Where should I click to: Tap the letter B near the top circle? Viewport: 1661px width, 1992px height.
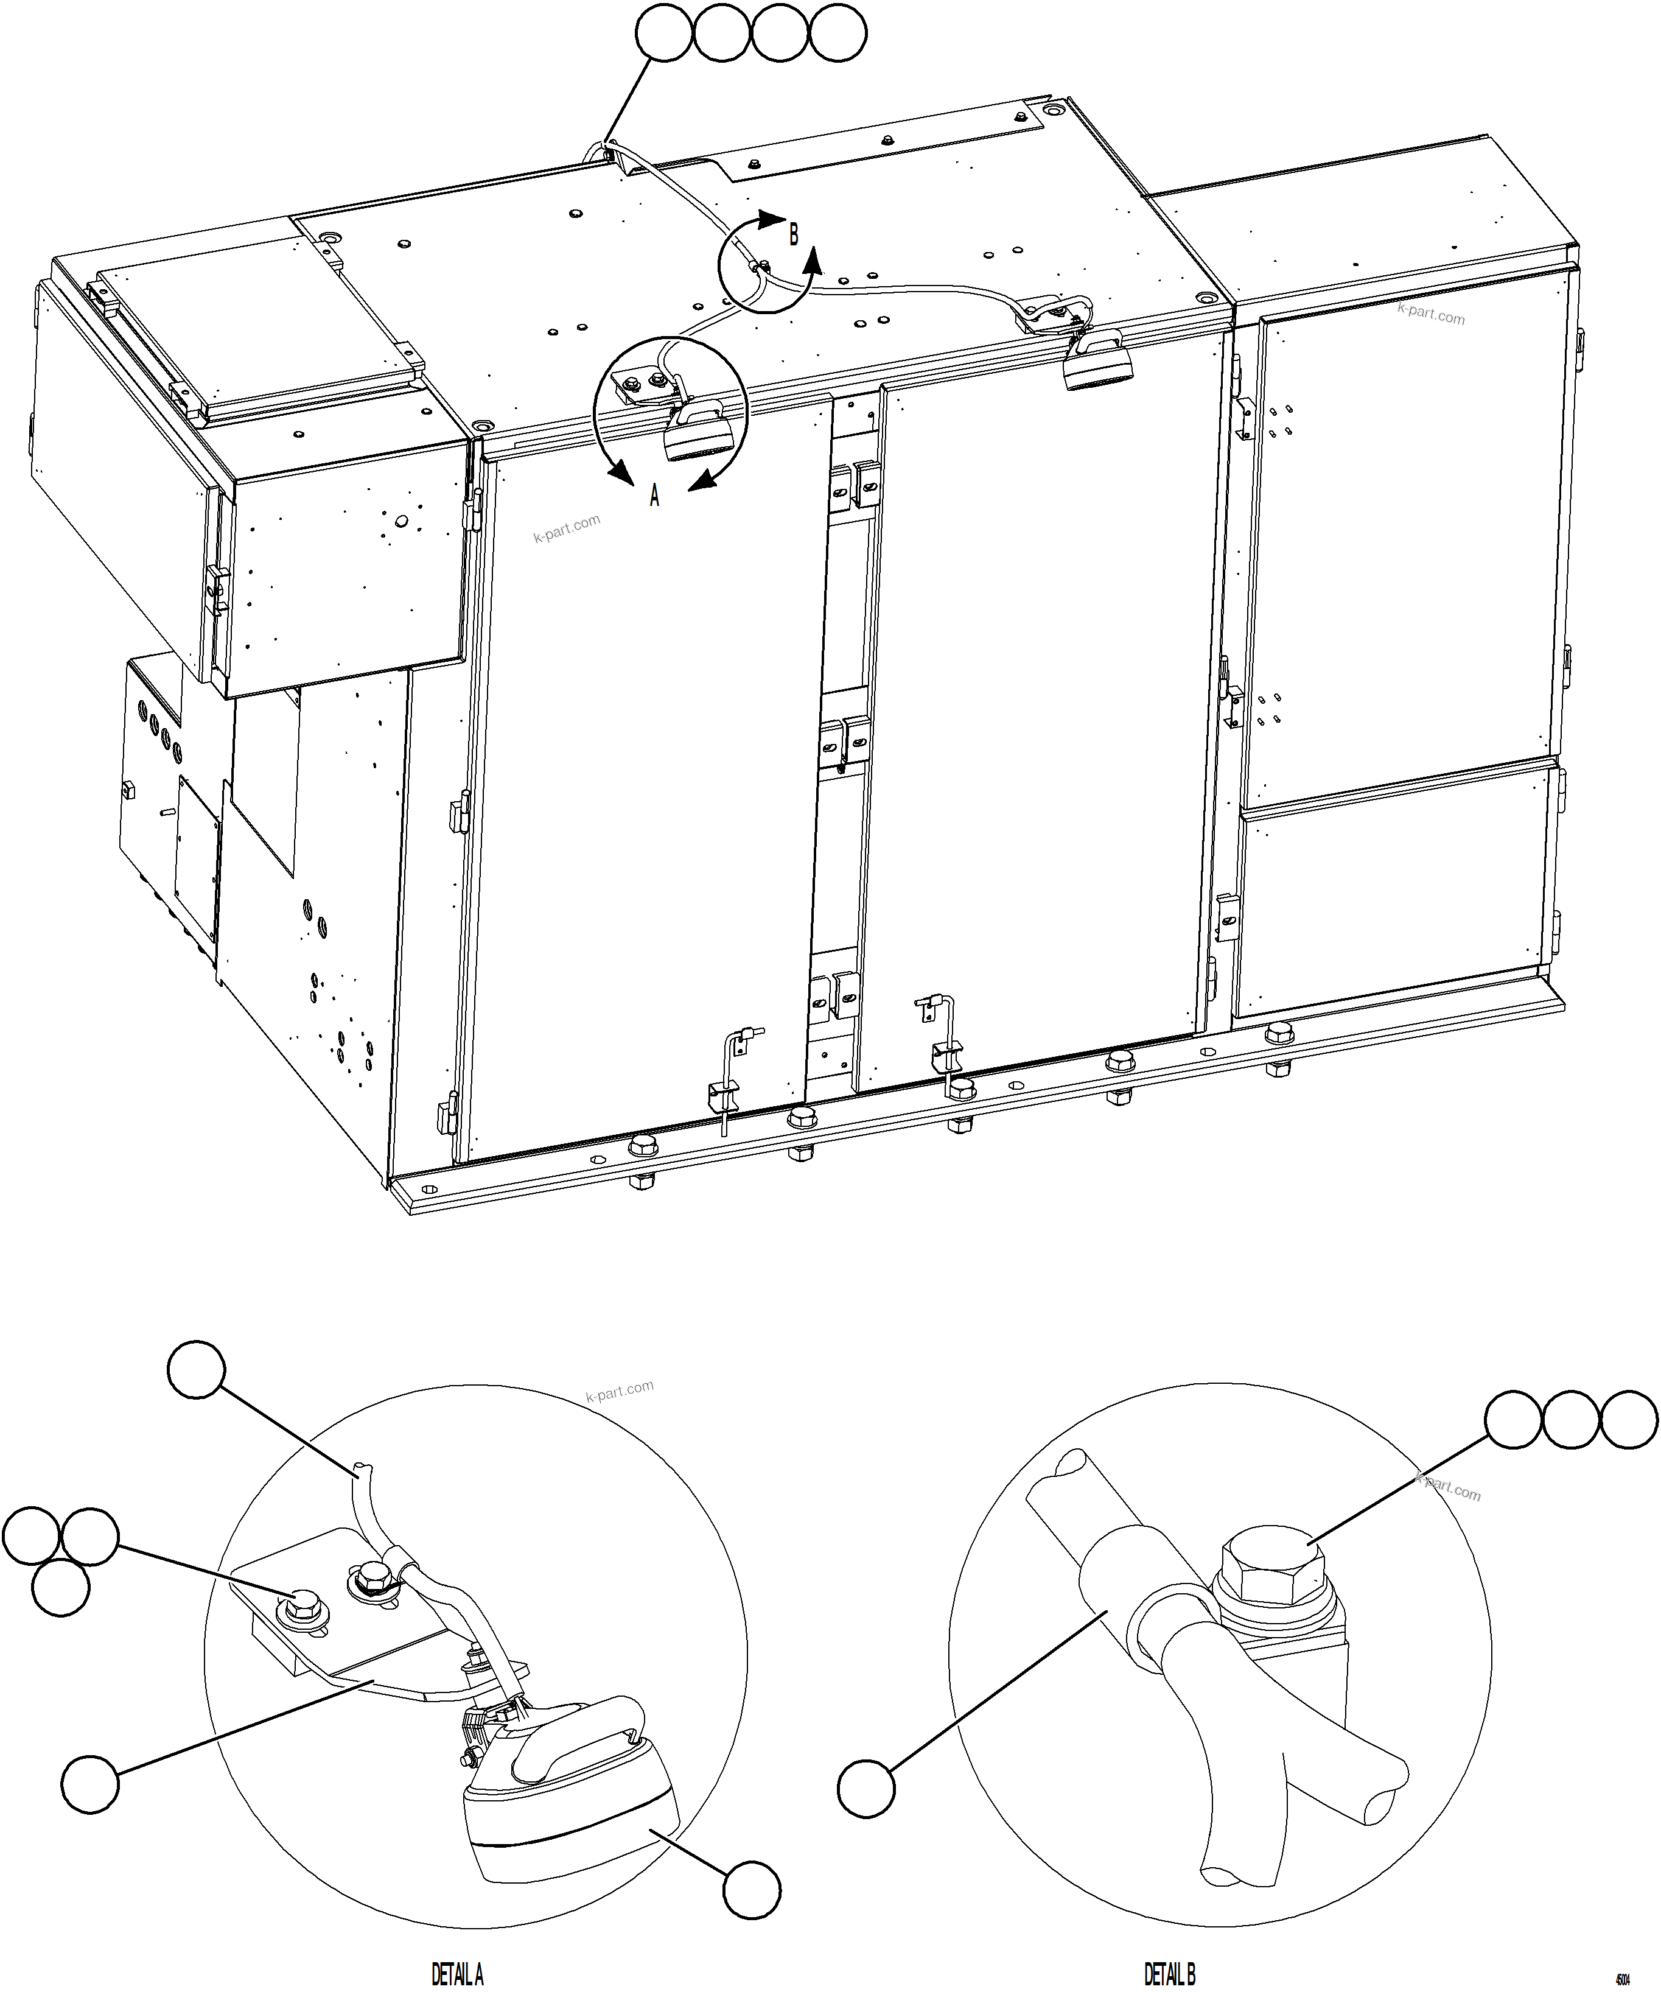point(793,233)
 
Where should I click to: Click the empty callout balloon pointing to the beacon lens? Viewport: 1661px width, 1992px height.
point(752,1890)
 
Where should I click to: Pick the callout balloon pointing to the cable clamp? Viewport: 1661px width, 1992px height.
point(866,1788)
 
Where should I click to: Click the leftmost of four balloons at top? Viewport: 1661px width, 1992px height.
point(664,34)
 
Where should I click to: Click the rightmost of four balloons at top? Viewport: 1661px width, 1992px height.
point(837,34)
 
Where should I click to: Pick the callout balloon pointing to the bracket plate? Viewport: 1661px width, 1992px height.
point(91,1783)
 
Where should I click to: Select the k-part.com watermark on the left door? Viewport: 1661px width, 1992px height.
point(566,528)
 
